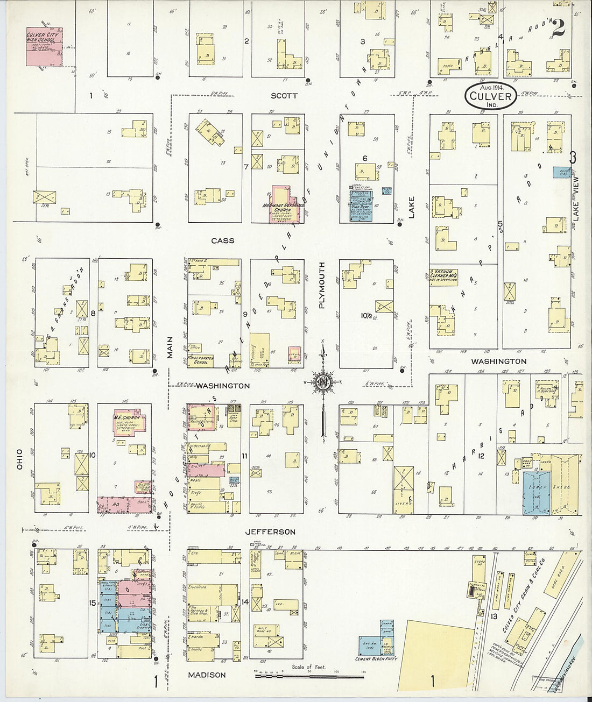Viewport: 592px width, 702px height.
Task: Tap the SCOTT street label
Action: (x=284, y=96)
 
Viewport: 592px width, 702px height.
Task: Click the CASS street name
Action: (x=222, y=240)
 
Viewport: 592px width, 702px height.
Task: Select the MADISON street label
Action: (x=207, y=675)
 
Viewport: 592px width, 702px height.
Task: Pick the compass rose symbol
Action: (x=323, y=382)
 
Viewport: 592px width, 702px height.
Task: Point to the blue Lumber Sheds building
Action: (x=537, y=493)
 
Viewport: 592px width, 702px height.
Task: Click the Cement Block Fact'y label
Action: (x=375, y=658)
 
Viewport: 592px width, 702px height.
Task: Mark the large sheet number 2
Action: (x=558, y=28)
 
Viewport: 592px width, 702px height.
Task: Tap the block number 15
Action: (x=93, y=603)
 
